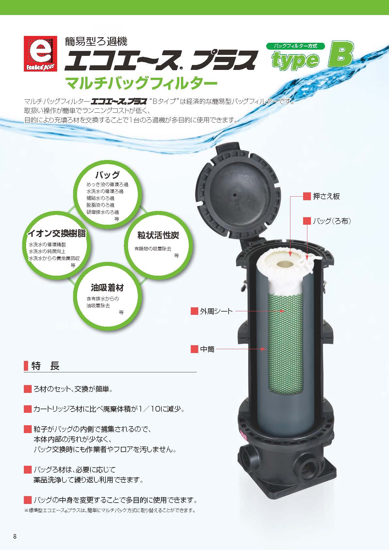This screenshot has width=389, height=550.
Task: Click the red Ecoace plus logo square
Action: coord(40,54)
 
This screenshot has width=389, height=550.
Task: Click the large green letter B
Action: coord(341,54)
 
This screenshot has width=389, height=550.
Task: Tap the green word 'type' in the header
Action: coord(296,60)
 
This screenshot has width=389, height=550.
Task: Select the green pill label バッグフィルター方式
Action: coord(296,46)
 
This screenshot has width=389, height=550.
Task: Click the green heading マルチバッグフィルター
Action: coord(141,84)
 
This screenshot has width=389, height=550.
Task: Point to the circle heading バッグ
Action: coord(107,175)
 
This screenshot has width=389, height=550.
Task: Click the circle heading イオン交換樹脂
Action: coord(57,233)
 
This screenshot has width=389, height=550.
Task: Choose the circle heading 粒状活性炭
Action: coord(158,235)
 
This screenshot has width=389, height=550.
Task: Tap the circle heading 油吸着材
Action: coord(107,287)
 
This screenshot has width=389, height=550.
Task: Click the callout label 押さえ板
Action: coord(326,196)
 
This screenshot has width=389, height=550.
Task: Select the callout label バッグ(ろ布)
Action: coord(332,221)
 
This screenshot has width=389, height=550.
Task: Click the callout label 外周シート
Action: coord(216,311)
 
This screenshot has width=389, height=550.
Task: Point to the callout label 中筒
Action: coord(207,349)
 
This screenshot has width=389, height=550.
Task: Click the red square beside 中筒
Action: coord(195,349)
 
